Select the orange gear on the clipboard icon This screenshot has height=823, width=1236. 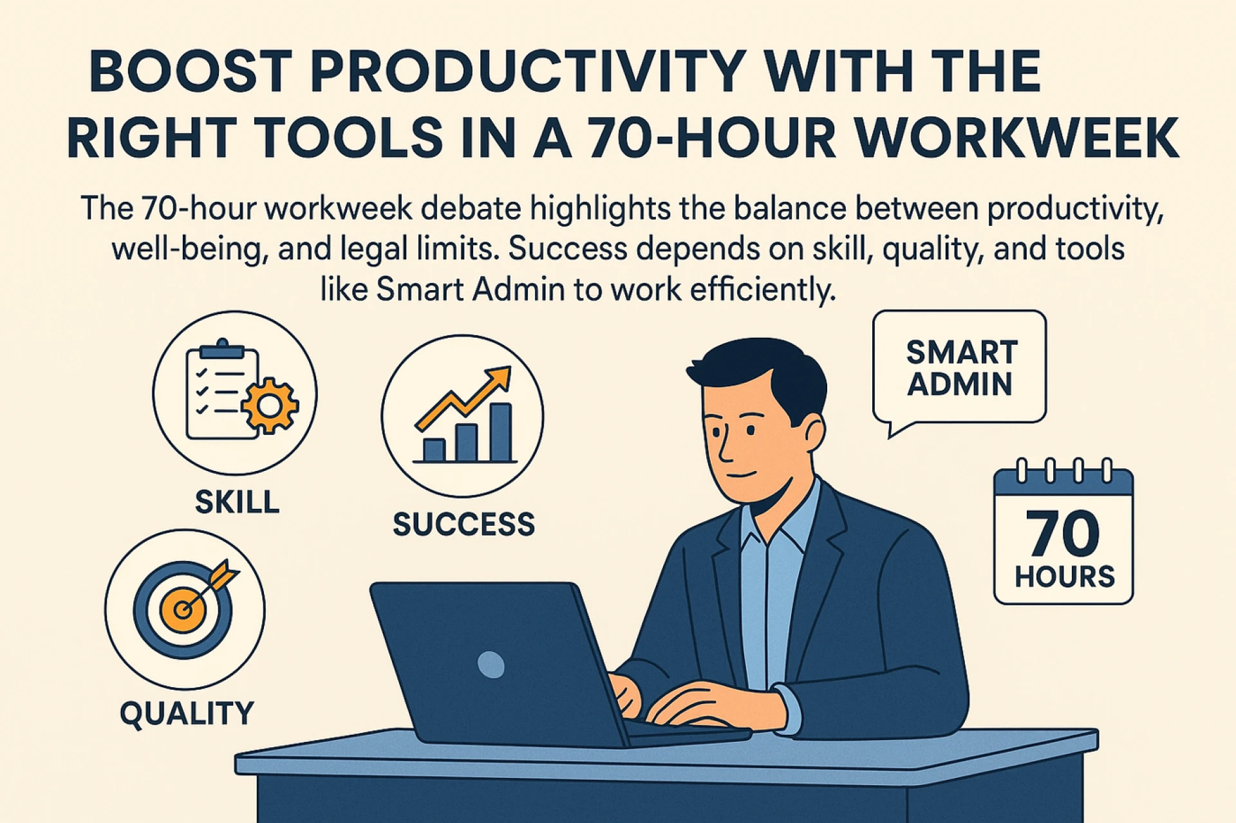click(270, 405)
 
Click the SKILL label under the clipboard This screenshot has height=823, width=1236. click(237, 502)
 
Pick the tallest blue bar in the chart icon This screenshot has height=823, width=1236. click(501, 432)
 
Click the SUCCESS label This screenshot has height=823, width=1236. click(464, 524)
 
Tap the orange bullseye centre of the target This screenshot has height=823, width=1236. click(183, 609)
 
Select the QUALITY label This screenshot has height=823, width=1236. click(187, 714)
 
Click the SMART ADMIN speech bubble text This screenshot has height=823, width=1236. click(961, 368)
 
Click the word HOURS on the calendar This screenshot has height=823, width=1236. click(1064, 577)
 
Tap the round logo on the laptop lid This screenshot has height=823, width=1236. click(491, 664)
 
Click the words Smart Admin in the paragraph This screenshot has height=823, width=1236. click(470, 290)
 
